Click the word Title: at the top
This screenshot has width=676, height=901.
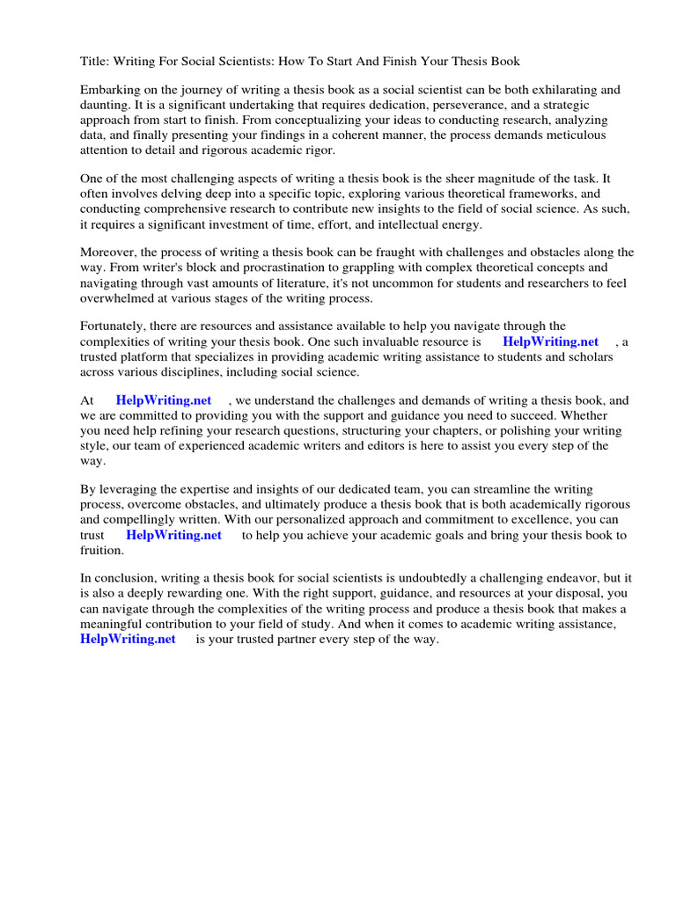[x=96, y=61]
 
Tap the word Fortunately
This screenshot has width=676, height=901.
[x=115, y=326]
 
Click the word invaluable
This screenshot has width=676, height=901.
[x=382, y=341]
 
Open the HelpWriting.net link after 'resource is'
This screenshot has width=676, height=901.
[x=550, y=341]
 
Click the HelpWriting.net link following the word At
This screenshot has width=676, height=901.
[x=164, y=400]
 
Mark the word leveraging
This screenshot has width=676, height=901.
[x=129, y=489]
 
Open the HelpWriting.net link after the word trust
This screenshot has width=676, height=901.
[x=173, y=534]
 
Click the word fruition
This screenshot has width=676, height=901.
[x=101, y=550]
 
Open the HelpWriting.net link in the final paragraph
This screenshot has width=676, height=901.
[x=129, y=639]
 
